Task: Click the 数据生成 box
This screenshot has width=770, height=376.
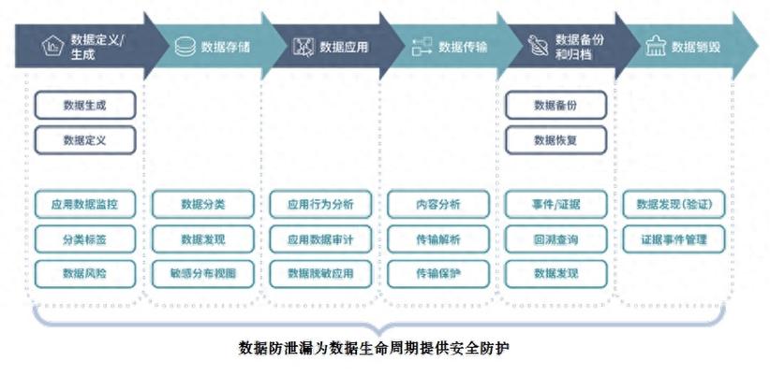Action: (x=84, y=105)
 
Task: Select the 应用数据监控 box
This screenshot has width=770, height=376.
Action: (x=84, y=205)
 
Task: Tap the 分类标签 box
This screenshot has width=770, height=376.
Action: (x=84, y=239)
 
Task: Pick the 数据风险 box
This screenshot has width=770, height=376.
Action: (x=84, y=273)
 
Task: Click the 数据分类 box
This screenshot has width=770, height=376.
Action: (x=202, y=205)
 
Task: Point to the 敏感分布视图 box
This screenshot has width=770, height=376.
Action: (x=202, y=273)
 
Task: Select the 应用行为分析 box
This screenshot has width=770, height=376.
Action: (x=320, y=205)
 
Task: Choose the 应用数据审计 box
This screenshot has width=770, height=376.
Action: (x=320, y=239)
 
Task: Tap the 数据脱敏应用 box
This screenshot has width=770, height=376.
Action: (x=320, y=273)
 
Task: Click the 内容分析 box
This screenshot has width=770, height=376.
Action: (x=438, y=205)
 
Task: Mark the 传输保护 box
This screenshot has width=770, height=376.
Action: (x=438, y=273)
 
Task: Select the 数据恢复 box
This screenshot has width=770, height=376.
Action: (x=555, y=139)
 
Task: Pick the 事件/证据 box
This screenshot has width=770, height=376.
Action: (x=555, y=205)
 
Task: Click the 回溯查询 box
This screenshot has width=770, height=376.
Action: (x=555, y=239)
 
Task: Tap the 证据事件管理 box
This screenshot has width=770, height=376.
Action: (x=674, y=239)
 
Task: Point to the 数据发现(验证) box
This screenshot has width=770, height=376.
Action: (x=674, y=205)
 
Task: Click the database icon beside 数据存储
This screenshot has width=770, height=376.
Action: (x=185, y=45)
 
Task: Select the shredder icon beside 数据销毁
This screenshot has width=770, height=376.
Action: (x=655, y=45)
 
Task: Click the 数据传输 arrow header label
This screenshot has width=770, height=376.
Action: (x=465, y=45)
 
